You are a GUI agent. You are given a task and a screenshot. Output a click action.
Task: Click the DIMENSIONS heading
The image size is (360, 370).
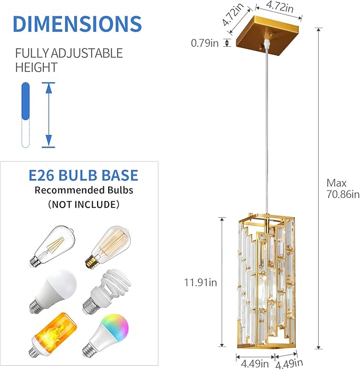point(77,24)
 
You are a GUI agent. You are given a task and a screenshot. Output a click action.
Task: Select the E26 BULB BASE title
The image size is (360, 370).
point(83,176)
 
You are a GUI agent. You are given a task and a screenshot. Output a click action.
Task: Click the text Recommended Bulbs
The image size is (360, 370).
point(84,190)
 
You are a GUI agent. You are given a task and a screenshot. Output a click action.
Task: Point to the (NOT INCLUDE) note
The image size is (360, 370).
point(84,204)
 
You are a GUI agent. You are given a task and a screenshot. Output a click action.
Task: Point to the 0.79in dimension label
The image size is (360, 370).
point(205,43)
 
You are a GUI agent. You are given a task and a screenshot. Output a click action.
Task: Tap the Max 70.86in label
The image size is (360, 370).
point(343,188)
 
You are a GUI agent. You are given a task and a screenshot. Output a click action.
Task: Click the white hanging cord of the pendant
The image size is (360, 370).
point(263,133)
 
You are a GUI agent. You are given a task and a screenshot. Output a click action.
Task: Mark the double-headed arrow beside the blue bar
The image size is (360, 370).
point(48,115)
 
